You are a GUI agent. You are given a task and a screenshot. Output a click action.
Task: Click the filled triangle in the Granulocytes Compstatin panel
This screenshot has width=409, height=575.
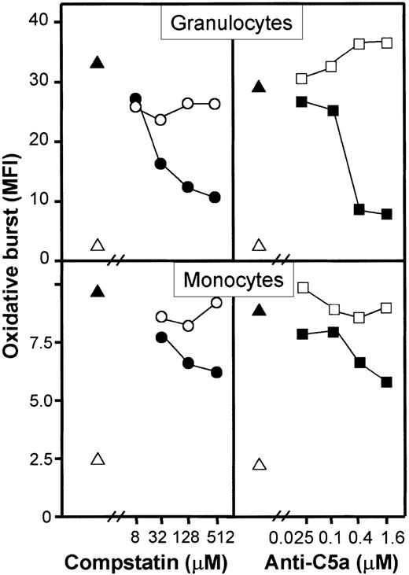click(x=98, y=62)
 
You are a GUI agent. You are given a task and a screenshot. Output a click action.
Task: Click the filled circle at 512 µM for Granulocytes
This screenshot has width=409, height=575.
click(x=215, y=197)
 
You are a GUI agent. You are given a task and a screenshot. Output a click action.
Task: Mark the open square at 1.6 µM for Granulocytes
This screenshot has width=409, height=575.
click(x=387, y=42)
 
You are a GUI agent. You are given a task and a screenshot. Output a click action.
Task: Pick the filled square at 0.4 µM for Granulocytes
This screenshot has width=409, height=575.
click(x=359, y=209)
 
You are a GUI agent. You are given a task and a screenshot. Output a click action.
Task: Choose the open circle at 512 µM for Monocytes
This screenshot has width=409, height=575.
click(x=216, y=303)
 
